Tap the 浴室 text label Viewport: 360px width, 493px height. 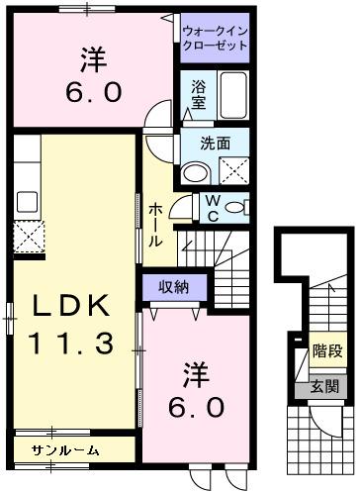coord(198,94)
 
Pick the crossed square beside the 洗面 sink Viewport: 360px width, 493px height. coord(233,170)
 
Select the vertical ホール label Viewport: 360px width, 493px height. coord(157,227)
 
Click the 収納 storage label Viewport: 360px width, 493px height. coord(176,287)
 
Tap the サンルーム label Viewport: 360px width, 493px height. coord(65,450)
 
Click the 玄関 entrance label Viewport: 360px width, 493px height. coord(324,386)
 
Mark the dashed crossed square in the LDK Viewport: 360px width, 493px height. coord(28,237)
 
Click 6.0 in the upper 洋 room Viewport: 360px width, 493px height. coord(95,93)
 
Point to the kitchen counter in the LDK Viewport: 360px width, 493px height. coord(28,178)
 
